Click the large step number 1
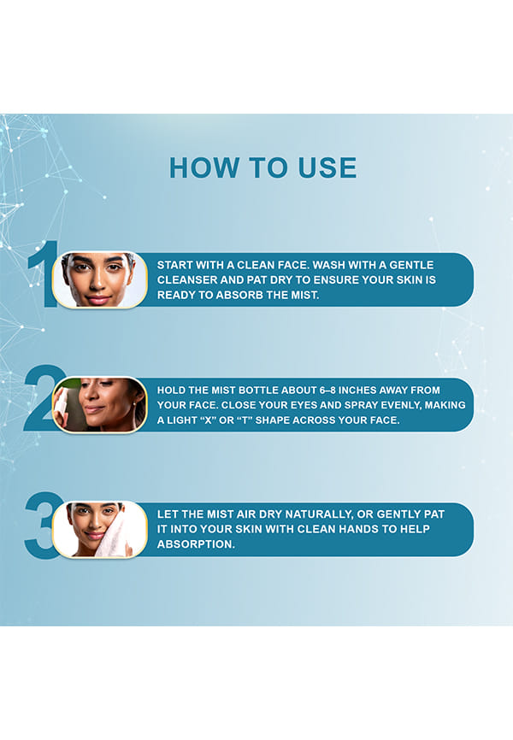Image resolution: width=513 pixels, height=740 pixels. pos(44,273)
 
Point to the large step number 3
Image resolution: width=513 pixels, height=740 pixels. pos(42,526)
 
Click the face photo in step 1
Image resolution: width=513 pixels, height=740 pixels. pos(100,279)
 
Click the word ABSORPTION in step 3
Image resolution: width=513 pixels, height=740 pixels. pos(196,544)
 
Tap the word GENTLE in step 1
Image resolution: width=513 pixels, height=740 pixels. pos(411,265)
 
